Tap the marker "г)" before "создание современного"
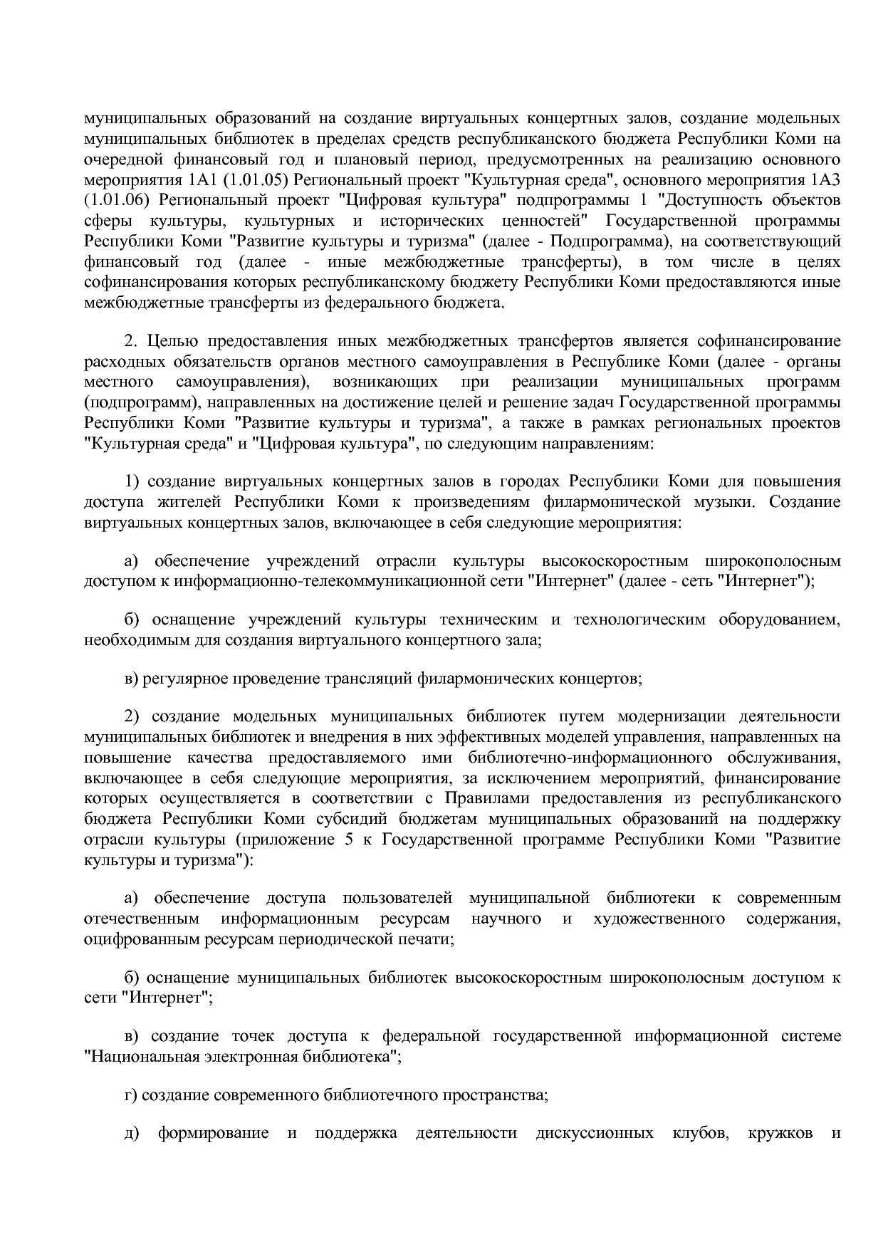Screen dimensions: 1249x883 pyautogui.click(x=130, y=1095)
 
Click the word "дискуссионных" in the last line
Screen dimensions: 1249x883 pyautogui.click(x=595, y=1133)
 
